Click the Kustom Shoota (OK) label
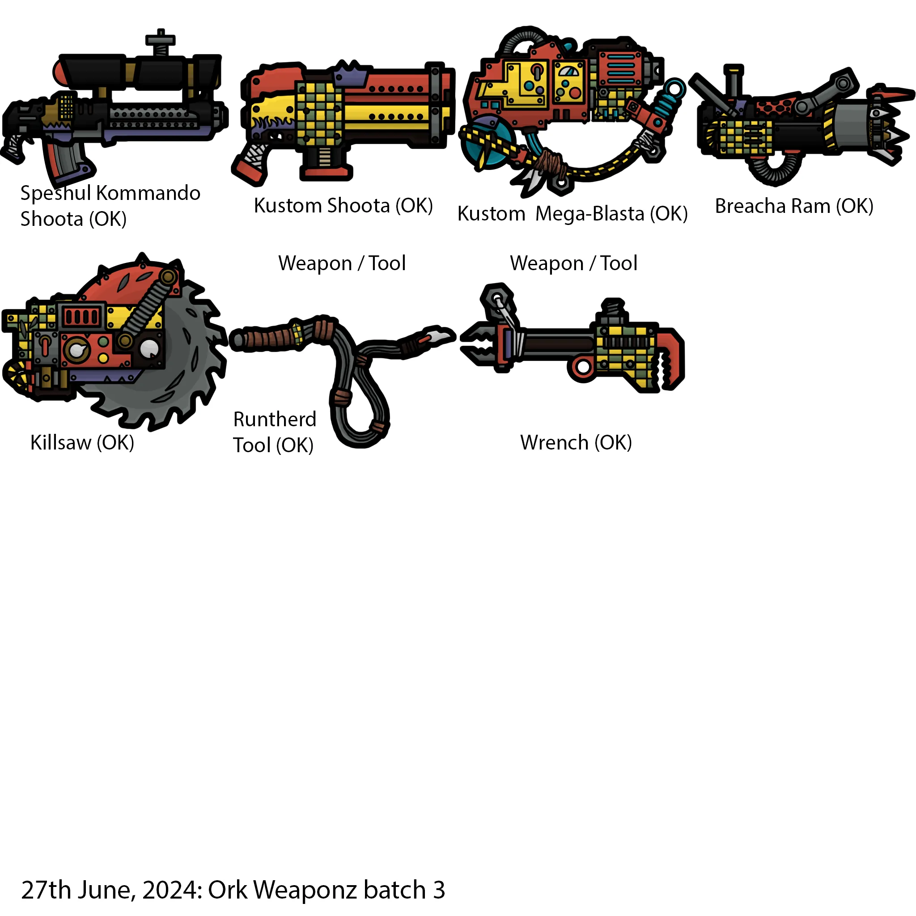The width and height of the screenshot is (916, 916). (343, 206)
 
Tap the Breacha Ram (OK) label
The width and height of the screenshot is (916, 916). (794, 206)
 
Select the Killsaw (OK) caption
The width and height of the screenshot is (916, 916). (82, 443)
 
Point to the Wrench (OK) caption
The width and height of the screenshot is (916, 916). (576, 443)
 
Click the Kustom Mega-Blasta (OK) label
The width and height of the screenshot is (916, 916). (572, 214)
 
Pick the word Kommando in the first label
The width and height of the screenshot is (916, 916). (148, 193)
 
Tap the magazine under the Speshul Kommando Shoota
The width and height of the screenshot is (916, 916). (66, 161)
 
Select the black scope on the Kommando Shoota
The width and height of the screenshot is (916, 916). (137, 71)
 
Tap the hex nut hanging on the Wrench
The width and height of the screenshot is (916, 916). (496, 299)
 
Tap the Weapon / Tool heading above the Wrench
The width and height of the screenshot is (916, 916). (573, 263)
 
